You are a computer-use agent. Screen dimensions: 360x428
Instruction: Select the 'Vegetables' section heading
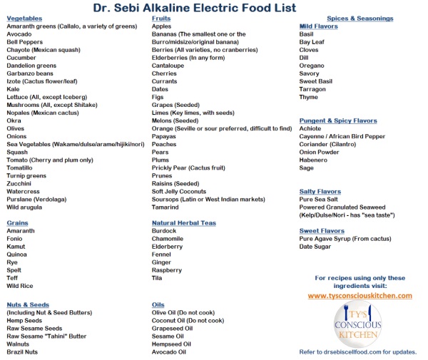pos(25,18)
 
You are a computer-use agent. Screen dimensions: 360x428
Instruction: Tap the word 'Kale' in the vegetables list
pos(14,89)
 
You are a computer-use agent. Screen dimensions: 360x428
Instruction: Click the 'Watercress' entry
pos(23,192)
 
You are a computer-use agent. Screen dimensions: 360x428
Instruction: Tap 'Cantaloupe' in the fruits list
pos(169,66)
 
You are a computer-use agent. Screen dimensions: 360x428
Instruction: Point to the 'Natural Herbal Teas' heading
pos(184,223)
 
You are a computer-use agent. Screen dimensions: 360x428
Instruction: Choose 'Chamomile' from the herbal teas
pos(169,240)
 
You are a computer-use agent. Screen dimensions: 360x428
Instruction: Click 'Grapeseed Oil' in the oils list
pos(173,328)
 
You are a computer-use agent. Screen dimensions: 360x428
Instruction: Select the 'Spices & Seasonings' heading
pos(360,18)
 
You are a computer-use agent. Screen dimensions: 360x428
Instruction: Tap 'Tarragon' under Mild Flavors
pos(313,90)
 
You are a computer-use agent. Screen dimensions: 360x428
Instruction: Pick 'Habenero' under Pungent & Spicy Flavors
pos(314,160)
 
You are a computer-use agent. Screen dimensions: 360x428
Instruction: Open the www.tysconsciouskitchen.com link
pos(360,295)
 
